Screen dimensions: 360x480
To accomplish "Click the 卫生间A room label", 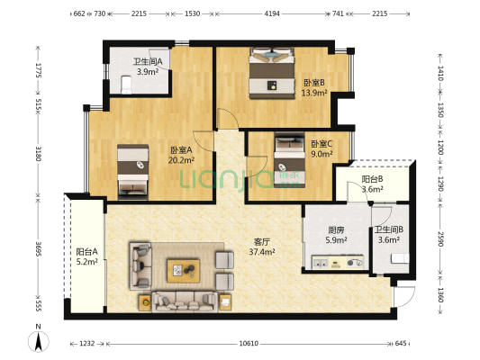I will pyautogui.click(x=148, y=66).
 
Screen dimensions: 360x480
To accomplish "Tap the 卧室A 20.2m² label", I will pyautogui.click(x=182, y=155).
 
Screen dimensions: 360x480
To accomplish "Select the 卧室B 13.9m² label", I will pyautogui.click(x=313, y=86).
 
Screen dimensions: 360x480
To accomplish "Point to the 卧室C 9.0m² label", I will pyautogui.click(x=322, y=148).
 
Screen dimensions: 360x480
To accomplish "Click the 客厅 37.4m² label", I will pyautogui.click(x=262, y=247).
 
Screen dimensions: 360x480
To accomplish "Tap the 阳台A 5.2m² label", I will pyautogui.click(x=87, y=256).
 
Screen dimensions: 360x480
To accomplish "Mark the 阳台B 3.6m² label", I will pyautogui.click(x=372, y=184).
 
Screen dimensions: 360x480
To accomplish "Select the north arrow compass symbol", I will pyautogui.click(x=39, y=340).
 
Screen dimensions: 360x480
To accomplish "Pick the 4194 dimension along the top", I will pyautogui.click(x=272, y=14).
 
